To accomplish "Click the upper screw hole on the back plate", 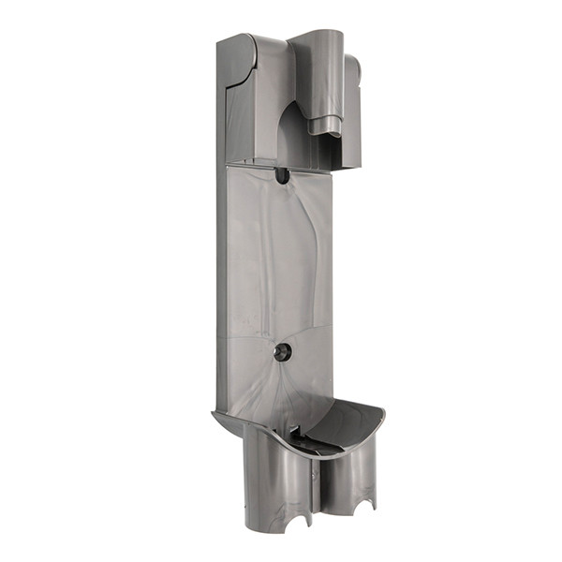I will tap(282, 174).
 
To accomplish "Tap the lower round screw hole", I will tap(282, 351).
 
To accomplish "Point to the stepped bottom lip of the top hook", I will tap(326, 128).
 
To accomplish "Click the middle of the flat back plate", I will tap(279, 262).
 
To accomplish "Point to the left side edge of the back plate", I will tap(222, 281).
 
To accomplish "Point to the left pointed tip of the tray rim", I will tap(214, 413).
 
